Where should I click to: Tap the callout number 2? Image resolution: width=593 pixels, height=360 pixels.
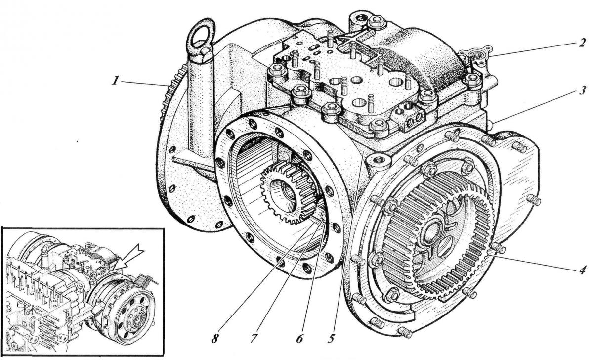point(582,44)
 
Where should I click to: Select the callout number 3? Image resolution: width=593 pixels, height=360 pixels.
point(582,91)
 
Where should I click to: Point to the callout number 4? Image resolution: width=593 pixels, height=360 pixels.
point(581,270)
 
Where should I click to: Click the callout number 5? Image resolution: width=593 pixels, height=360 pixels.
point(331,338)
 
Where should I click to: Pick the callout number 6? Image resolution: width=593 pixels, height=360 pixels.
point(299,338)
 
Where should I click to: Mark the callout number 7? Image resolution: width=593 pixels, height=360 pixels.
point(254,338)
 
